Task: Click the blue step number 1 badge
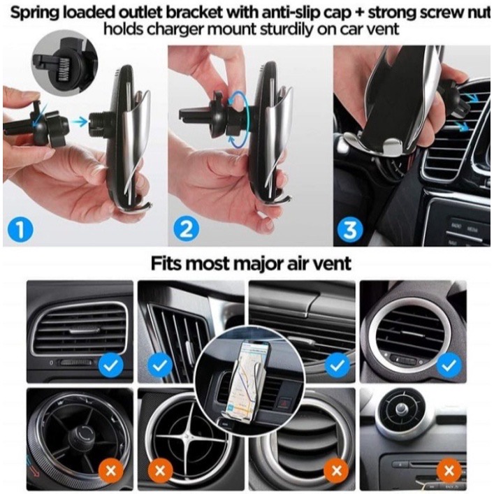[x=20, y=230]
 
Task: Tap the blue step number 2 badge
[x=187, y=230]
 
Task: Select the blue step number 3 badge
[x=350, y=230]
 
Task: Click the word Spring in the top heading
[x=35, y=13]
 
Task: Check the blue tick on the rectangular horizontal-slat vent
[x=111, y=365]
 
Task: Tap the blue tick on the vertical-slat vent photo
[x=160, y=365]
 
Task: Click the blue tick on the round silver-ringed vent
[x=449, y=365]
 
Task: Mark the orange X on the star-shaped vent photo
[x=160, y=471]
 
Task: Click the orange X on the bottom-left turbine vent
[x=111, y=471]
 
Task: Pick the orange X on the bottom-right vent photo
[x=449, y=471]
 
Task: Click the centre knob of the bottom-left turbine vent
[x=81, y=434]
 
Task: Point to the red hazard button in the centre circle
[x=286, y=402]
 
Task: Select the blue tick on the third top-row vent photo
[x=337, y=365]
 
